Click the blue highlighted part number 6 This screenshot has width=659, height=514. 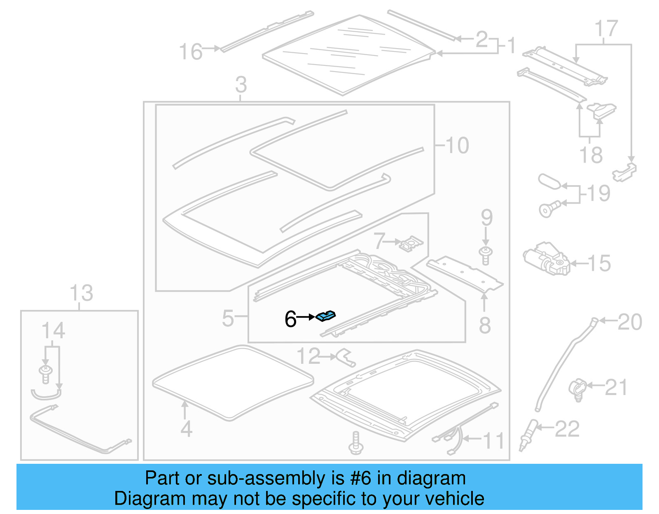(325, 316)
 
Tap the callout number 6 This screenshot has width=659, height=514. (290, 319)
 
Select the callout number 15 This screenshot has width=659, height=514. (599, 263)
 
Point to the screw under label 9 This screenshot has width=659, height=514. (486, 256)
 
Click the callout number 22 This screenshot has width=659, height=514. (567, 429)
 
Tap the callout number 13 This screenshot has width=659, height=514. (81, 293)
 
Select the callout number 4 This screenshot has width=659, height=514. (186, 429)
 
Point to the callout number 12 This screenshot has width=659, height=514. (308, 356)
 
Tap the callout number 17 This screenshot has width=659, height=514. (606, 29)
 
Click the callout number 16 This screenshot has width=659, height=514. (191, 52)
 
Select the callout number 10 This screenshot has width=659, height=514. (457, 145)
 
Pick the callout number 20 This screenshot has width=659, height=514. (630, 322)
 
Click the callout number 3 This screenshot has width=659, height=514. (241, 85)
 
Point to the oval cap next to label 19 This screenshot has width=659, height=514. (549, 181)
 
